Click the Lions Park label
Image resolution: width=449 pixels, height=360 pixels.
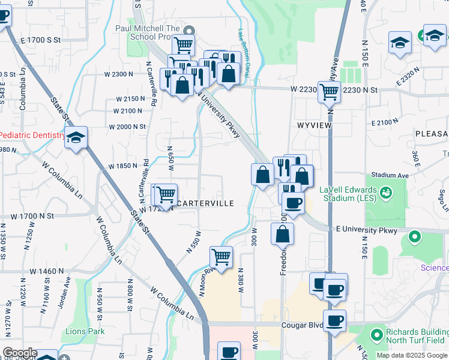pos(85,331)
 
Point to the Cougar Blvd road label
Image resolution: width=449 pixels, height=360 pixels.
pos(301,325)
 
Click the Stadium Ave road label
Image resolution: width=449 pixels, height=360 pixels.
pos(390,176)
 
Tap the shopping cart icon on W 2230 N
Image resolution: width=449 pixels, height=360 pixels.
pos(330,92)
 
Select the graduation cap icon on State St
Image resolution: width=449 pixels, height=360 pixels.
pos(76,137)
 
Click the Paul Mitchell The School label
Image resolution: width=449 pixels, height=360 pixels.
pos(148,32)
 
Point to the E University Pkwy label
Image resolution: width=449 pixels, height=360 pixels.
pos(366,230)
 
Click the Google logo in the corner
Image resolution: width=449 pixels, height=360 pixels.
pos(20,353)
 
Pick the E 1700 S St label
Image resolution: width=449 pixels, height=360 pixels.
pos(41,40)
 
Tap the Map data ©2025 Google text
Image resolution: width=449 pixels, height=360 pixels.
pos(412,355)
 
